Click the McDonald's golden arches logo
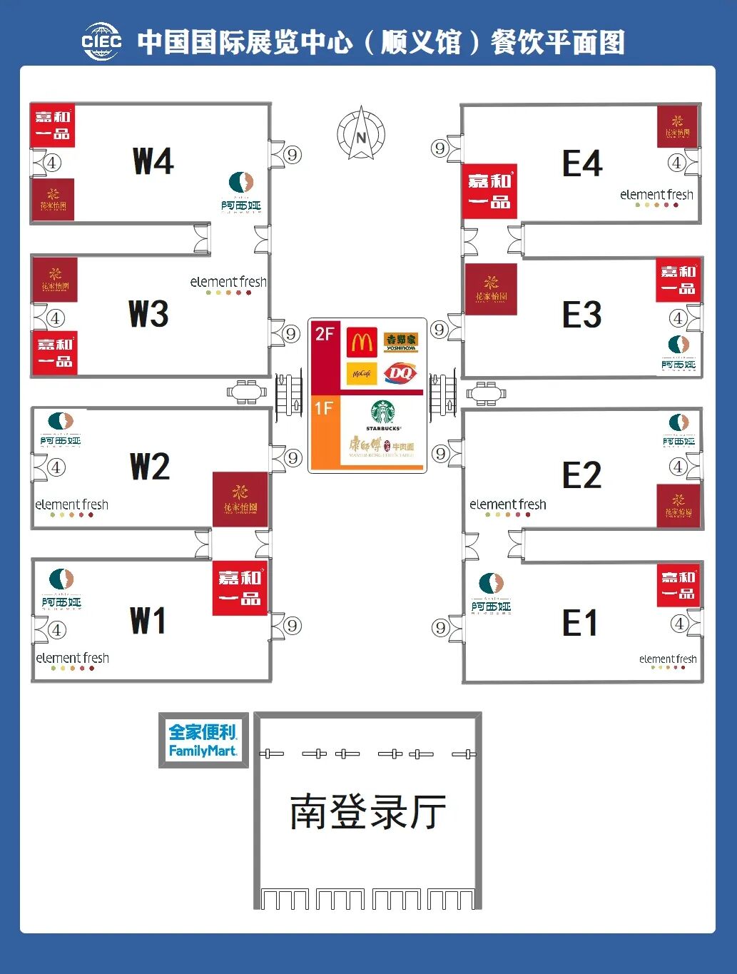(x=362, y=343)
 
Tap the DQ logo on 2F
(x=400, y=373)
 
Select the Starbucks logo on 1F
(x=383, y=414)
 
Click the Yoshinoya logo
(x=400, y=342)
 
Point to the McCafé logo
(x=362, y=373)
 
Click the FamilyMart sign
(x=203, y=741)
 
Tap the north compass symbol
(x=361, y=133)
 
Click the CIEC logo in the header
(x=102, y=41)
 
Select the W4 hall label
(x=153, y=161)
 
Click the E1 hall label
(x=580, y=624)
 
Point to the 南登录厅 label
(x=367, y=812)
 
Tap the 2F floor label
(x=325, y=334)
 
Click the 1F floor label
(x=324, y=408)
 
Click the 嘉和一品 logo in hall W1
(x=240, y=588)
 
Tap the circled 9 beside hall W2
(x=293, y=458)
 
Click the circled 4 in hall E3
(x=678, y=318)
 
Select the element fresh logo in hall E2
(x=507, y=507)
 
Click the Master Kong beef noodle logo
(x=381, y=447)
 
